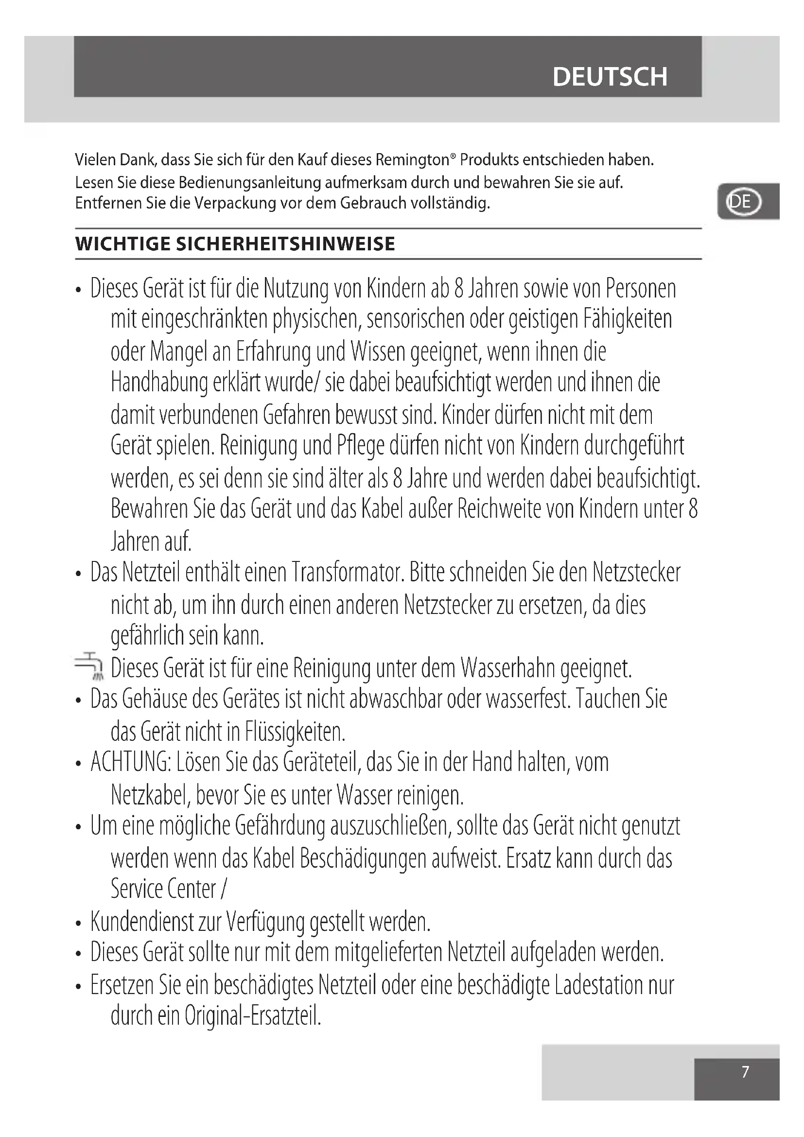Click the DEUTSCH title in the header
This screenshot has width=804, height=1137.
click(610, 77)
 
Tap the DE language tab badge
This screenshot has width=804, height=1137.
click(743, 202)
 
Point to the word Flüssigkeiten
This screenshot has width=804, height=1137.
click(295, 732)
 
